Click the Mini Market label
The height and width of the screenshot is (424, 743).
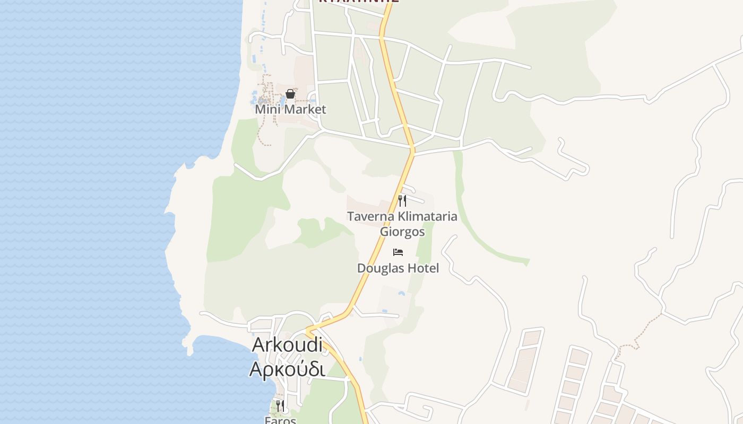[x=290, y=109]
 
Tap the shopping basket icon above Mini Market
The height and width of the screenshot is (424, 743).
[x=290, y=94]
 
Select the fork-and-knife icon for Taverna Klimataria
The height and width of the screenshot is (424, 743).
[x=402, y=201]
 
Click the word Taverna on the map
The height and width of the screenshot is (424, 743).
[x=371, y=216]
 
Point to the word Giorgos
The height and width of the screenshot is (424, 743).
[x=402, y=232]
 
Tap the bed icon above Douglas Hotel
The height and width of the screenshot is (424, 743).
[x=398, y=252]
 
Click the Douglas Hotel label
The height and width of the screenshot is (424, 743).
[x=398, y=268]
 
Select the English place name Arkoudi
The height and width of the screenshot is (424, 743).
[x=287, y=344]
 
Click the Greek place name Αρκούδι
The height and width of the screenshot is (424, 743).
[x=287, y=369]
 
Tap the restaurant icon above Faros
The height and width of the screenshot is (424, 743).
[x=280, y=406]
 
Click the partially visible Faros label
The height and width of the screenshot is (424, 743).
[x=280, y=420]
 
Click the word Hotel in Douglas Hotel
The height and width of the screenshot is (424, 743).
[x=422, y=268]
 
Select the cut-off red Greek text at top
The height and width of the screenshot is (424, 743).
[x=358, y=2]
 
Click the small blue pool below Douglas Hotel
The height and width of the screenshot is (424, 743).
[x=402, y=293]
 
